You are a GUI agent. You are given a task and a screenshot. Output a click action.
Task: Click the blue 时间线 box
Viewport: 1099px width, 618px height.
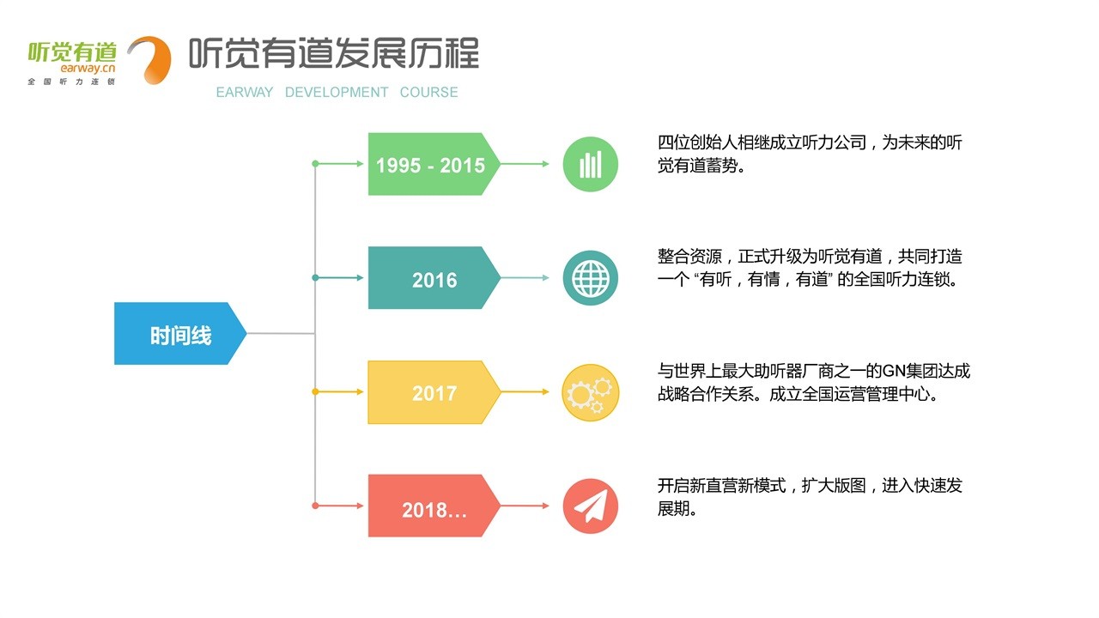[180, 334]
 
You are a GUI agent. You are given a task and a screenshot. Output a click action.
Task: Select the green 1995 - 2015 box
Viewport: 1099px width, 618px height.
[430, 164]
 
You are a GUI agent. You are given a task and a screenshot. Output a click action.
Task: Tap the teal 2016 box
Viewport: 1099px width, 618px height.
[434, 278]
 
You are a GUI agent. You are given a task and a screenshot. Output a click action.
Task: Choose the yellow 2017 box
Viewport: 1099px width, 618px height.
[434, 392]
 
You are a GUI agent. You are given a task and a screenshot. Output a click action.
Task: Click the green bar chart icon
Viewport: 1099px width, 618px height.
[590, 164]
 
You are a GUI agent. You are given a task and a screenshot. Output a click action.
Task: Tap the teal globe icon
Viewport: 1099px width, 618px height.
[590, 278]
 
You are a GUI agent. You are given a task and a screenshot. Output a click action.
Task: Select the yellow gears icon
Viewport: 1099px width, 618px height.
[590, 392]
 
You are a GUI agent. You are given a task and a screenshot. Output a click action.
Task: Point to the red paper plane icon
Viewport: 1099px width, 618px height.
[590, 506]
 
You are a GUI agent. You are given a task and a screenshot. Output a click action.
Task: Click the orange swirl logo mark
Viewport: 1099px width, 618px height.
[149, 59]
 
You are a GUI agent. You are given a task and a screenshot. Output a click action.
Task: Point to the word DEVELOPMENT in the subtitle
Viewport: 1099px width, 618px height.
[337, 92]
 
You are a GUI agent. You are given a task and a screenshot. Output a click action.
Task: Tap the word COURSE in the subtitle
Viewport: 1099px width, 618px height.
[428, 92]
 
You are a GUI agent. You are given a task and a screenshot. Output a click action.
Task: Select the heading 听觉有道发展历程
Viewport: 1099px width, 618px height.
[333, 53]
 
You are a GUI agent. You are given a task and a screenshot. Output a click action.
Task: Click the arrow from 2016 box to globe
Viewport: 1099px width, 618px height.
[525, 278]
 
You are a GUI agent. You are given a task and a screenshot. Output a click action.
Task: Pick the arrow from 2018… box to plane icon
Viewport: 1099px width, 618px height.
[525, 506]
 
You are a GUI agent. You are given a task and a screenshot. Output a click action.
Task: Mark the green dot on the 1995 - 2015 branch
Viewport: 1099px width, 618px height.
[315, 163]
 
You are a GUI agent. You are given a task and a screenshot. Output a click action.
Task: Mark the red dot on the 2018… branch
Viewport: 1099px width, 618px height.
[315, 506]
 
